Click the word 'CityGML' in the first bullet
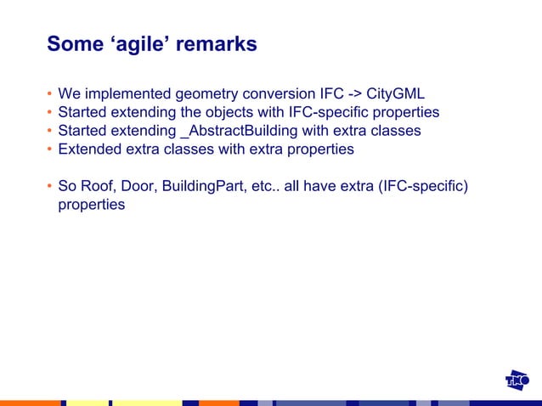coord(395,93)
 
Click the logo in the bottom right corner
coord(517,381)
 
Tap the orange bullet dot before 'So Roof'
coord(49,187)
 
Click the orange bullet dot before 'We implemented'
coord(49,93)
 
